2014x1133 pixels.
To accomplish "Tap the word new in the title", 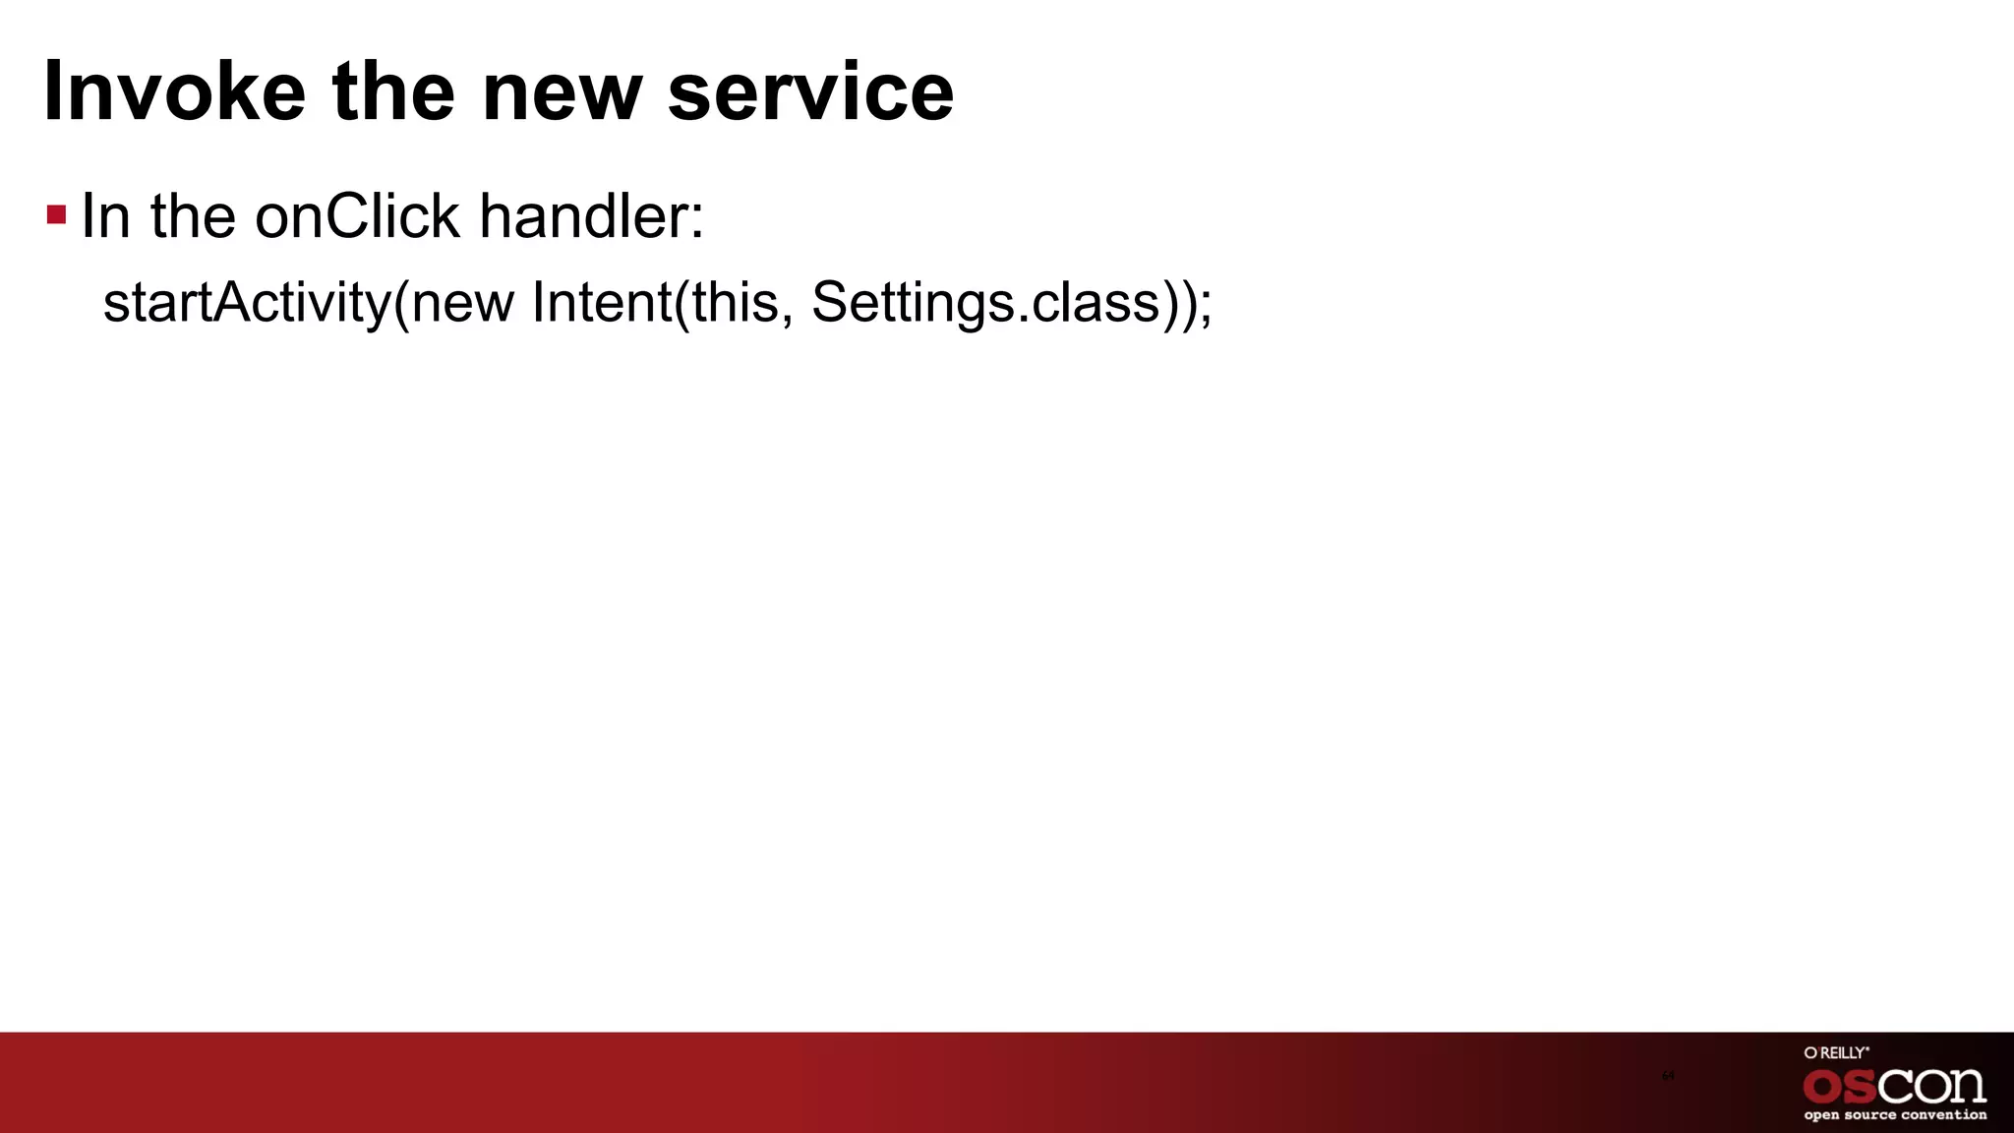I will [562, 91].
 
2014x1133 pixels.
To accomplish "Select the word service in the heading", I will [810, 91].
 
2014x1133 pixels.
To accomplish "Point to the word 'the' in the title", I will [392, 91].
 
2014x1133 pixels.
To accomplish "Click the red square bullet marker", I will [56, 214].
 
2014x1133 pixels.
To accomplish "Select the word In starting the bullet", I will [105, 215].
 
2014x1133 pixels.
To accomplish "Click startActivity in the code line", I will [247, 302].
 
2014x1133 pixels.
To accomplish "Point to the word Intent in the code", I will [601, 302].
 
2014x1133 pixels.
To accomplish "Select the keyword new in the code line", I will [462, 302].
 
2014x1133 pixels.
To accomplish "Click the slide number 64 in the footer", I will [1668, 1076].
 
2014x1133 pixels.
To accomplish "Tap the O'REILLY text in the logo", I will [1836, 1053].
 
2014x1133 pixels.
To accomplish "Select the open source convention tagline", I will [1894, 1115].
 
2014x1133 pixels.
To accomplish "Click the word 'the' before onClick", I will [193, 215].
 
